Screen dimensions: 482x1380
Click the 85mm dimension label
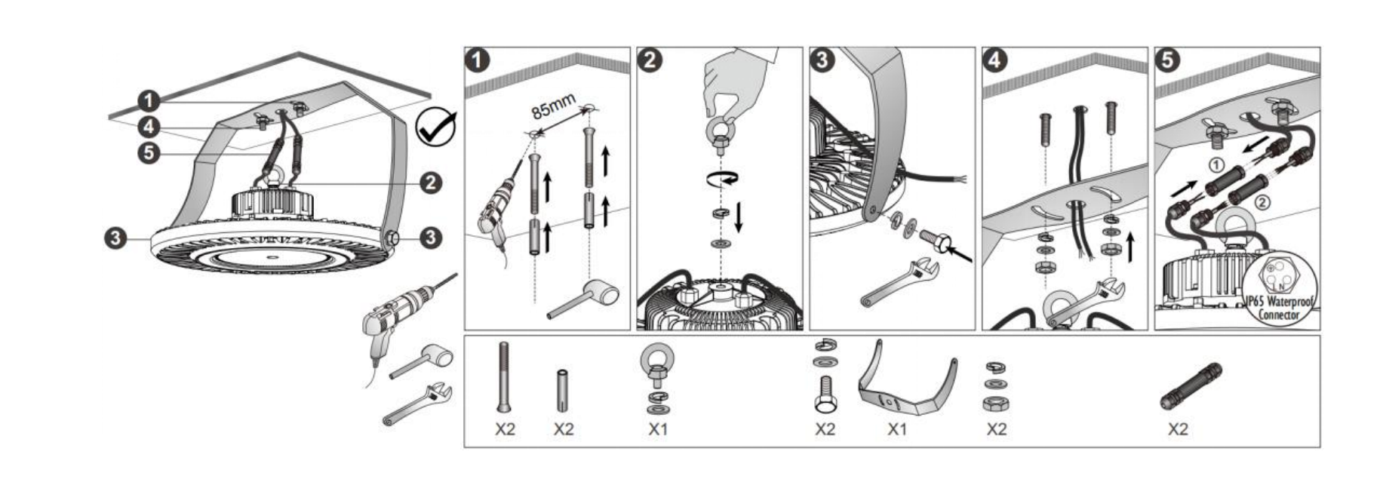click(x=553, y=107)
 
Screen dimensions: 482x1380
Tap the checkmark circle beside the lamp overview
click(x=436, y=127)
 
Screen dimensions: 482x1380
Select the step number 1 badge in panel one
click(x=478, y=60)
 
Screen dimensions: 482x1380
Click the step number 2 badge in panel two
click(x=650, y=60)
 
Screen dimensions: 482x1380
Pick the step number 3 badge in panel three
click(x=823, y=60)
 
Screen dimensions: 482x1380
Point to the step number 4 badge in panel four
click(x=995, y=60)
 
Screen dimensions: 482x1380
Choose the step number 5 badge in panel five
click(x=1168, y=60)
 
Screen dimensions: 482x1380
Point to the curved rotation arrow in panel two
click(x=721, y=180)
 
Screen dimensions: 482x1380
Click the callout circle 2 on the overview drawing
click(x=431, y=183)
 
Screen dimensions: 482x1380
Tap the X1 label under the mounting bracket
click(x=896, y=429)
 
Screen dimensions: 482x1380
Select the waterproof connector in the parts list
click(x=1191, y=385)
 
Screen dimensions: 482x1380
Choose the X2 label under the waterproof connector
click(x=1178, y=429)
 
